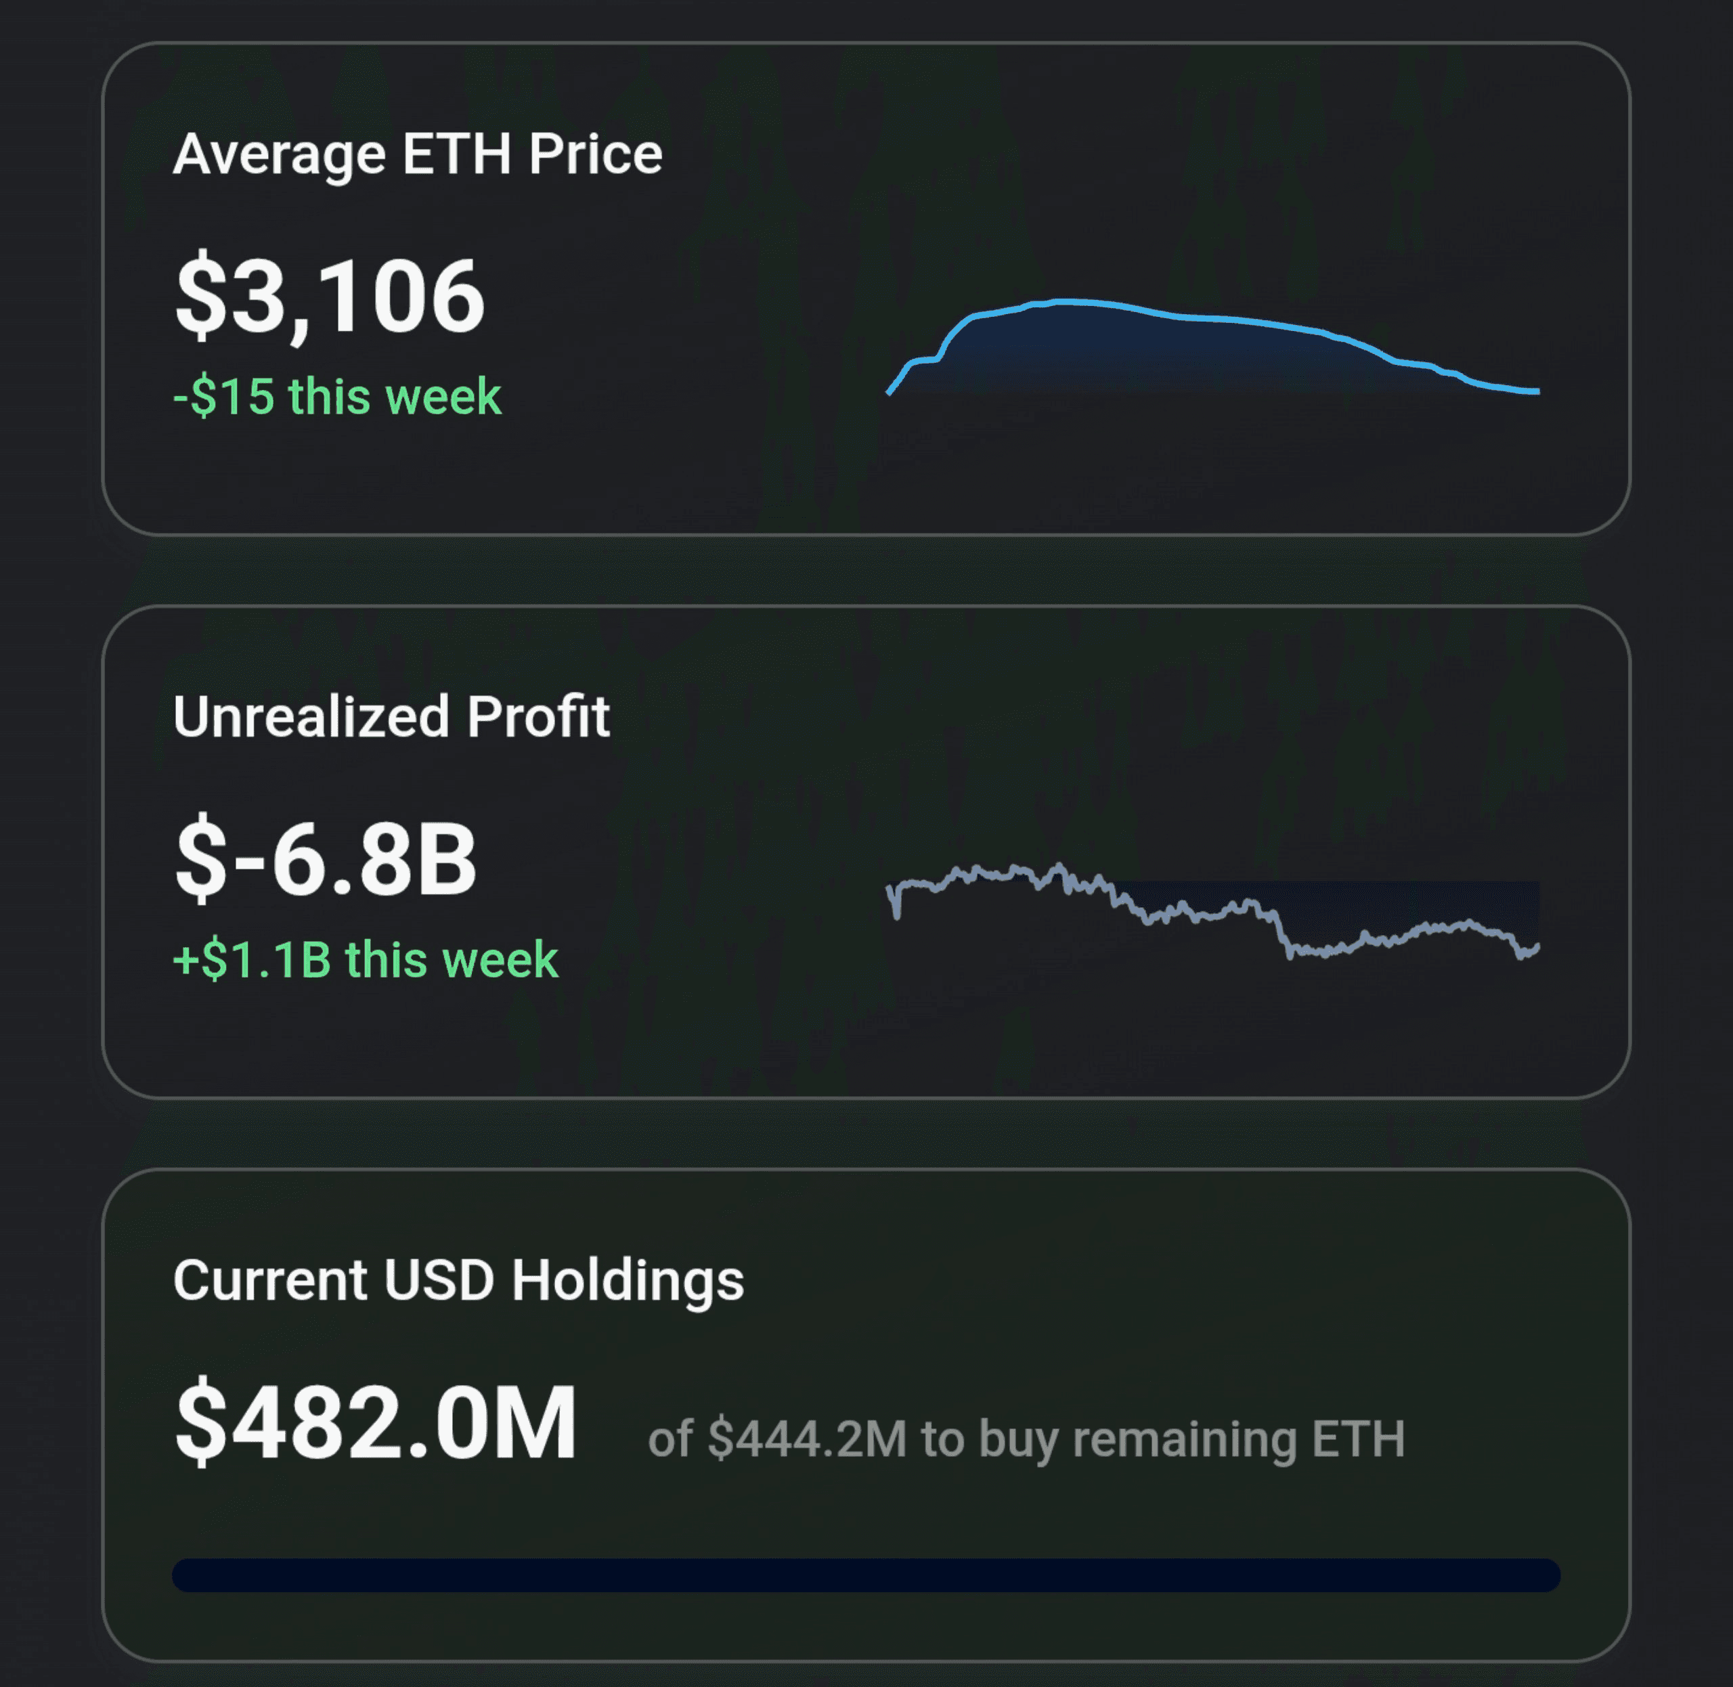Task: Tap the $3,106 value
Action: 330,296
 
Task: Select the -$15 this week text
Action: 336,396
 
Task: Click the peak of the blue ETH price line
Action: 1063,302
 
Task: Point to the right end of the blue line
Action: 1538,391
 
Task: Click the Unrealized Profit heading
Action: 391,716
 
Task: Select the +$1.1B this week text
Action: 365,959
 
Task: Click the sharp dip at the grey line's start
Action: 896,916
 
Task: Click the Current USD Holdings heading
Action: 458,1282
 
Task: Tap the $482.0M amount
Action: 376,1423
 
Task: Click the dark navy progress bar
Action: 866,1575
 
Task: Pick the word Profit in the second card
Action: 539,716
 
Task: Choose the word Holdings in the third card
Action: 628,1282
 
